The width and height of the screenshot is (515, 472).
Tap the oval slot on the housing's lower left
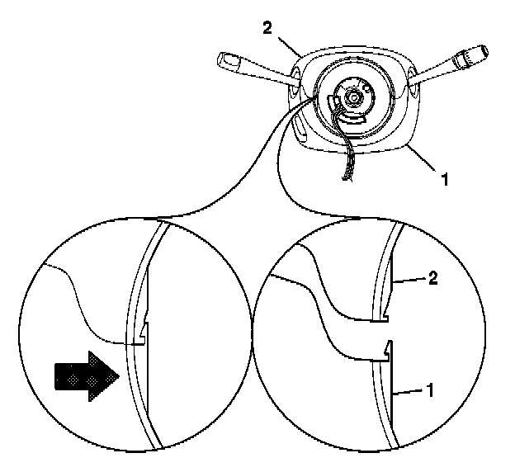[x=300, y=130]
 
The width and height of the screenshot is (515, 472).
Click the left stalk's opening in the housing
[x=295, y=78]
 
